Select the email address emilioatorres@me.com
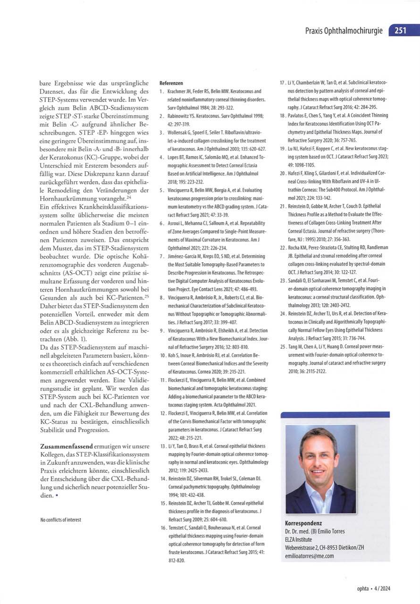310,556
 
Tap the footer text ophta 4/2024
374,588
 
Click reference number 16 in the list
162,527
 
